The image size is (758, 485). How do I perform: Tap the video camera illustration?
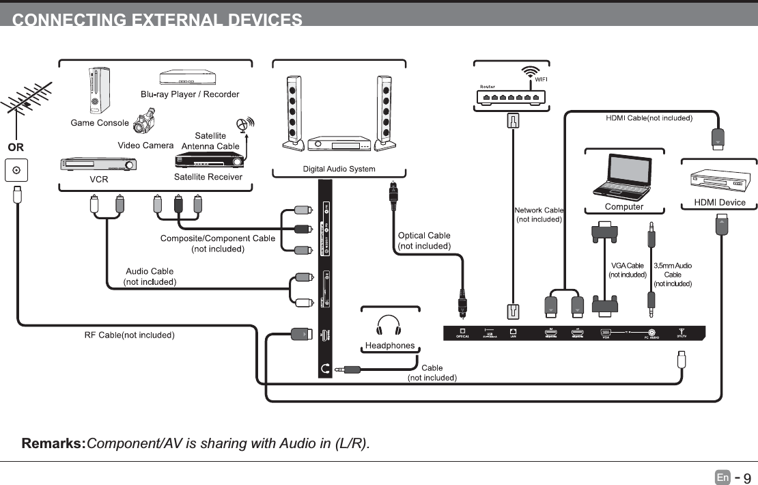click(144, 122)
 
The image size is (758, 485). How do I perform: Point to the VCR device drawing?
click(98, 165)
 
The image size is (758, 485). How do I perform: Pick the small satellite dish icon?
click(244, 124)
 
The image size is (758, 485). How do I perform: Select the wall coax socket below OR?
click(16, 170)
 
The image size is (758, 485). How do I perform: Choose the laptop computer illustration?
click(623, 176)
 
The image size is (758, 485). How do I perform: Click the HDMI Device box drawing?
click(719, 180)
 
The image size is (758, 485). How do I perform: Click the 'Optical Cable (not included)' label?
click(424, 240)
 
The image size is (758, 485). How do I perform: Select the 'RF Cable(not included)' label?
click(130, 335)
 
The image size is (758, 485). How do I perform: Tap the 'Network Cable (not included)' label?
click(539, 214)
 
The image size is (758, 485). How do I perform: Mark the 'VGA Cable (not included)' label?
click(627, 270)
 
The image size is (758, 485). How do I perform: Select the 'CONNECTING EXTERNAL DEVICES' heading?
click(157, 20)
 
